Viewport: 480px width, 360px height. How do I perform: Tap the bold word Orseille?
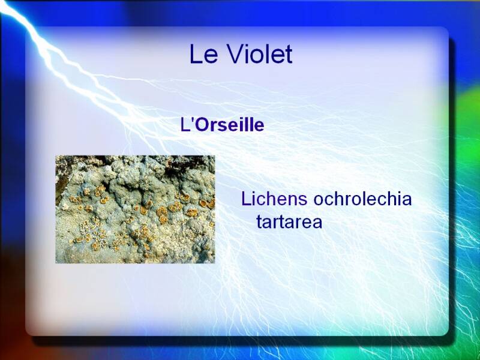pos(229,125)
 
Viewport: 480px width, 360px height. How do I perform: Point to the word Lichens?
pos(274,199)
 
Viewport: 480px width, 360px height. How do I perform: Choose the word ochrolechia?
pos(362,199)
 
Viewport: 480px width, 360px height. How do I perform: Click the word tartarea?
pos(289,221)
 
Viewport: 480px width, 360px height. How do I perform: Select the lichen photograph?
pos(135,209)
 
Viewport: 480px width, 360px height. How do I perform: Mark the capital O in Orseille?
pos(200,125)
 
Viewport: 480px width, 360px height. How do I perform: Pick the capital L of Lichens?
pos(246,199)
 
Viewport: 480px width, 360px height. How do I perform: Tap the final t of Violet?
pos(289,55)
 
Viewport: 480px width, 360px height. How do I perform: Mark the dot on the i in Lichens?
pos(253,193)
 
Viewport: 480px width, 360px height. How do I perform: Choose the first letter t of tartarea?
pos(259,222)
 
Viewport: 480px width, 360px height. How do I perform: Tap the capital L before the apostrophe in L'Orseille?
pos(185,125)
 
